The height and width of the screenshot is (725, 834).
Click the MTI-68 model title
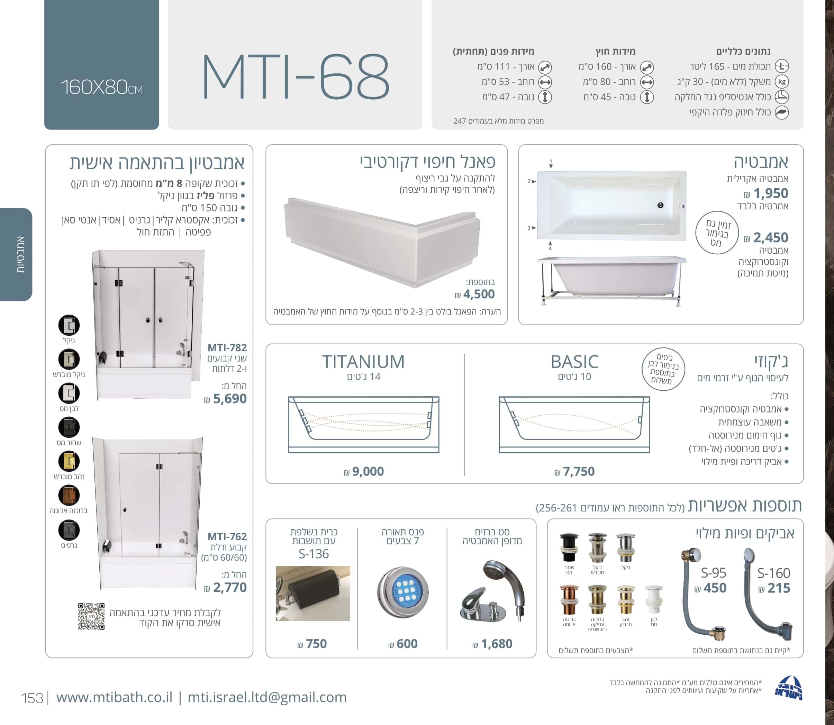pyautogui.click(x=295, y=76)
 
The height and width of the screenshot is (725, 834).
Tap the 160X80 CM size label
pyautogui.click(x=101, y=87)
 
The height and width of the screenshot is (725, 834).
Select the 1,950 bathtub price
pyautogui.click(x=767, y=193)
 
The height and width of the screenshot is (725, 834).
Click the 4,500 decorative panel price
pyautogui.click(x=475, y=294)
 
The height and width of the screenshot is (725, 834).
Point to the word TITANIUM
pyautogui.click(x=363, y=362)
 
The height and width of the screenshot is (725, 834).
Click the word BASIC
pyautogui.click(x=574, y=362)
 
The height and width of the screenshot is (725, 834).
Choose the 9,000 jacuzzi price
pyautogui.click(x=364, y=471)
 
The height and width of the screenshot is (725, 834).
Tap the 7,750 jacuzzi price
pyautogui.click(x=574, y=471)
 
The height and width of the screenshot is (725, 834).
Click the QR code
pyautogui.click(x=91, y=616)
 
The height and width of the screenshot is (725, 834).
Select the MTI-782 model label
pyautogui.click(x=227, y=347)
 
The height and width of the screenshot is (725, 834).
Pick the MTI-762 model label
pyautogui.click(x=227, y=536)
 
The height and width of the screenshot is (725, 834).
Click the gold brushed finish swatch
pyautogui.click(x=69, y=461)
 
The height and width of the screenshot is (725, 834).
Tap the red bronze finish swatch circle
pyautogui.click(x=69, y=495)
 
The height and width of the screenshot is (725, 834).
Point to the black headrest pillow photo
pyautogui.click(x=312, y=593)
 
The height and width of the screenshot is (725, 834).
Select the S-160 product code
pyautogui.click(x=773, y=573)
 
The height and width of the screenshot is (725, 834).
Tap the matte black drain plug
pyautogui.click(x=569, y=548)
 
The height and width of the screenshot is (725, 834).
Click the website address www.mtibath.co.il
pyautogui.click(x=114, y=697)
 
